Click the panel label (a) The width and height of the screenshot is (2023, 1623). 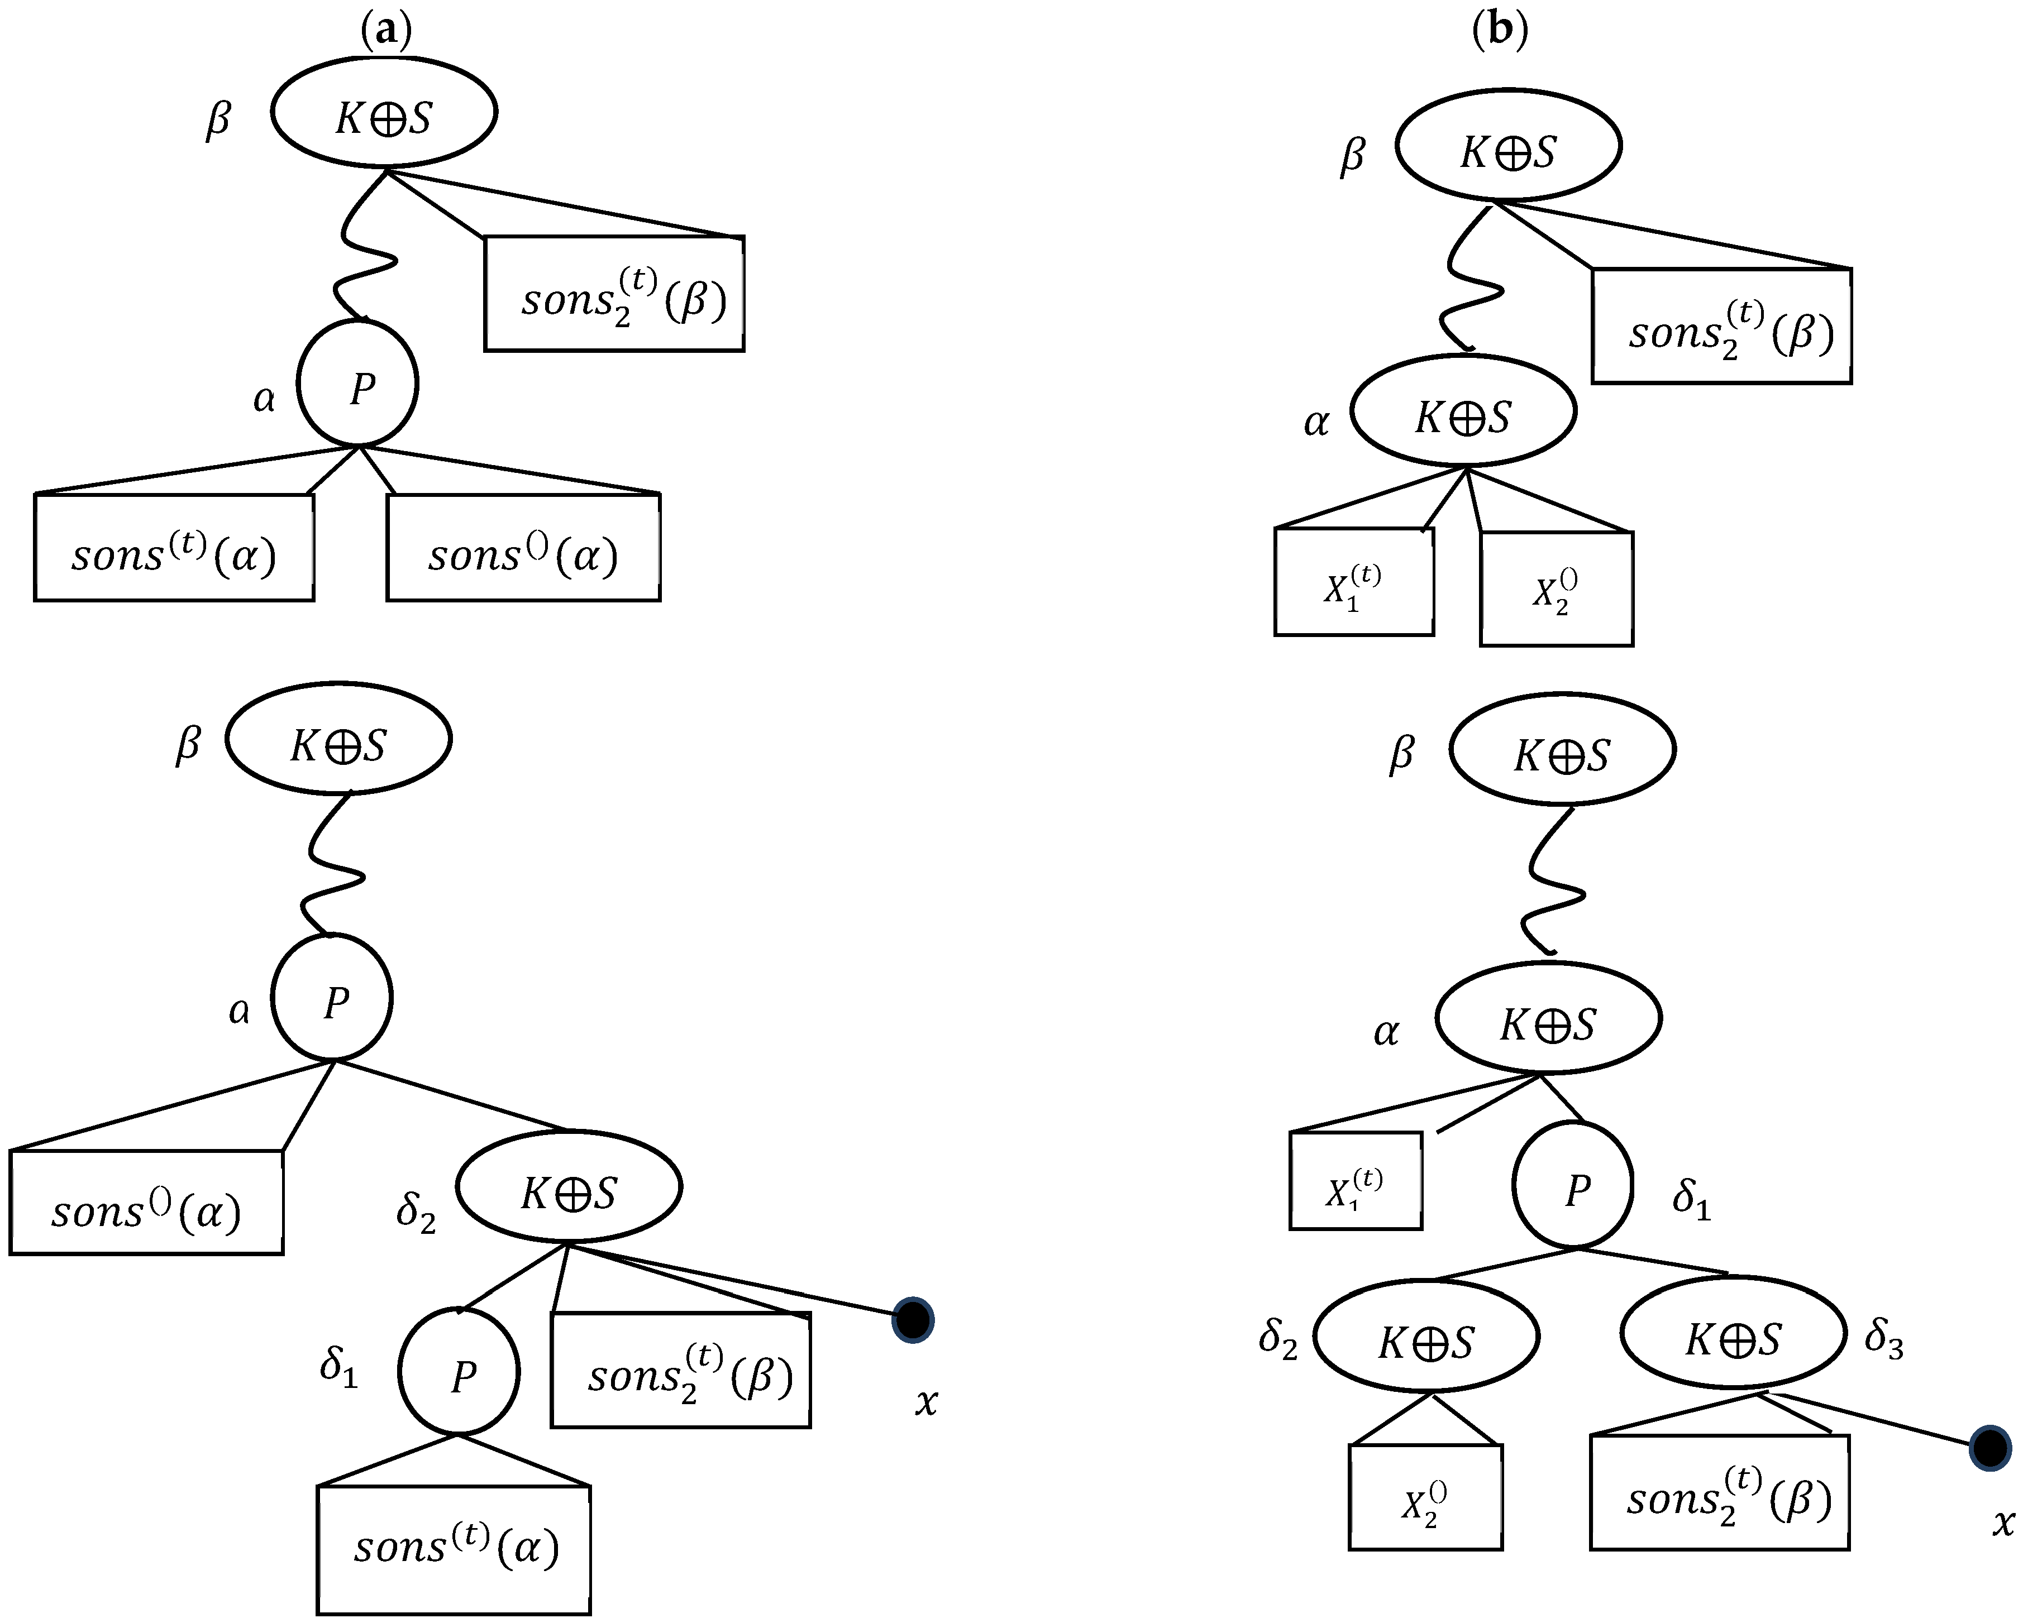tap(385, 31)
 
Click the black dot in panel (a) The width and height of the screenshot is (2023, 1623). tap(913, 1320)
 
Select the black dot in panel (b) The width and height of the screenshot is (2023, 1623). tap(1989, 1448)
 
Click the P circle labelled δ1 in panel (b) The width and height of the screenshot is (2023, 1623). tap(1573, 1188)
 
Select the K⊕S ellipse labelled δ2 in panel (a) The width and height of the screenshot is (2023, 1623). tap(569, 1189)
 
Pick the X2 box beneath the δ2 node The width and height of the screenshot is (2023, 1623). tap(1425, 1497)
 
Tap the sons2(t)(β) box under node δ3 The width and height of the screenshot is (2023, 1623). tap(1720, 1492)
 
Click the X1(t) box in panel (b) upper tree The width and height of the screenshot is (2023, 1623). tap(1354, 582)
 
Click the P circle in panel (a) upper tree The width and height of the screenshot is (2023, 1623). tap(357, 384)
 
